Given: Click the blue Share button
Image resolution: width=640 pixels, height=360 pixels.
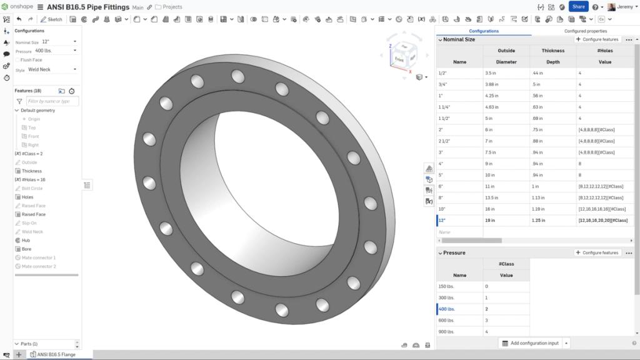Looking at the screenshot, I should [x=578, y=7].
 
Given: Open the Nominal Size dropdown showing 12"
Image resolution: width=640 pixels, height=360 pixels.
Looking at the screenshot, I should [x=59, y=42].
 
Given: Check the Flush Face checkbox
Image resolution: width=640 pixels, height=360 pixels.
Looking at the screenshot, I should [x=17, y=60].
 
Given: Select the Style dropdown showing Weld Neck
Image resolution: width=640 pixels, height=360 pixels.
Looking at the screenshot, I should [x=52, y=69].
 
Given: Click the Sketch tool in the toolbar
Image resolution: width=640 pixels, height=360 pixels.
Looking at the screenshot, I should [x=52, y=19].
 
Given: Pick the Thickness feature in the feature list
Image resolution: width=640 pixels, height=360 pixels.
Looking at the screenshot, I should [x=31, y=171].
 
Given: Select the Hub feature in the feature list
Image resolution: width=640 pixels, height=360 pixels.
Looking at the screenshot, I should [x=26, y=240].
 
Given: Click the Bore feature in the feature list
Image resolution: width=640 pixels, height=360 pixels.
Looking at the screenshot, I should [x=27, y=249].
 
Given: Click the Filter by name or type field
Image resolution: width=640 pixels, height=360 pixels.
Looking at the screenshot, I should [x=52, y=101].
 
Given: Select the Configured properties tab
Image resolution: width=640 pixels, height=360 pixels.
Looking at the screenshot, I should [x=585, y=31].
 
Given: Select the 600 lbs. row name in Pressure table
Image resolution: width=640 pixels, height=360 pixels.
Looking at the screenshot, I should [x=447, y=320].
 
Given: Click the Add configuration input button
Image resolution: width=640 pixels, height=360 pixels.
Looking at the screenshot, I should [x=531, y=343].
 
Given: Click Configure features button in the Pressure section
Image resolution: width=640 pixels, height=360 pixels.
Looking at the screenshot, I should [x=597, y=252].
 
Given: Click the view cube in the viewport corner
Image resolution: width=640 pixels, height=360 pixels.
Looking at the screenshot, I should [x=401, y=56].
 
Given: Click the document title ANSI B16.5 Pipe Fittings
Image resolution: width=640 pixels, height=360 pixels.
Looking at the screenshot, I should [x=88, y=7].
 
